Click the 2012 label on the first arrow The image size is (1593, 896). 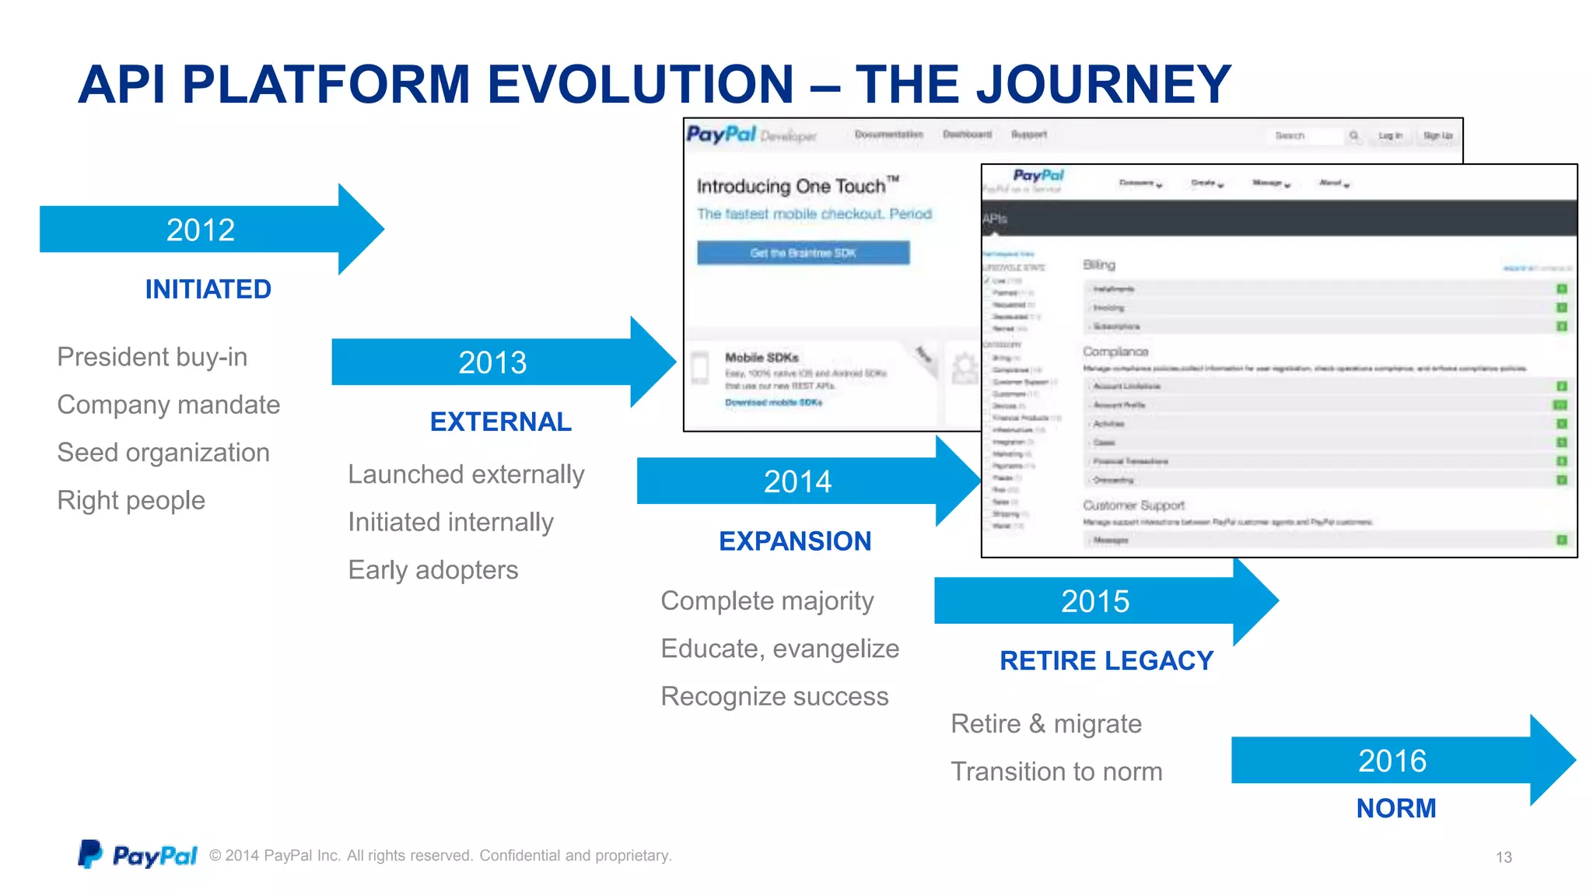click(x=201, y=230)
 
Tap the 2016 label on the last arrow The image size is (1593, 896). click(x=1392, y=761)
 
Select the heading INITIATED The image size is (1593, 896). click(x=208, y=289)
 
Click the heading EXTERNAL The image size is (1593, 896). click(x=501, y=422)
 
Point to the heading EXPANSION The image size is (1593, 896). click(x=795, y=541)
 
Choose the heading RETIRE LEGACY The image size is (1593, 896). click(x=1106, y=661)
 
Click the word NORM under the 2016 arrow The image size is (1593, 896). click(x=1396, y=809)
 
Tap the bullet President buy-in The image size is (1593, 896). click(x=152, y=357)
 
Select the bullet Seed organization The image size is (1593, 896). click(x=163, y=453)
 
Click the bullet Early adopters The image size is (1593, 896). click(x=433, y=570)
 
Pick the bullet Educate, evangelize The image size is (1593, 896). click(x=780, y=649)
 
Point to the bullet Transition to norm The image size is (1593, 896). click(x=1056, y=772)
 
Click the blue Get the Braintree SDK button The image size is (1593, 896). click(x=803, y=253)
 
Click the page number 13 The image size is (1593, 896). click(x=1504, y=857)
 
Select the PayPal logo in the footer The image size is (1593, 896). click(x=138, y=855)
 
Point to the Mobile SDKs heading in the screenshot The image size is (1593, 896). click(x=761, y=358)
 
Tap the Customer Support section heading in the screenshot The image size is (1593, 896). click(x=1133, y=506)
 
